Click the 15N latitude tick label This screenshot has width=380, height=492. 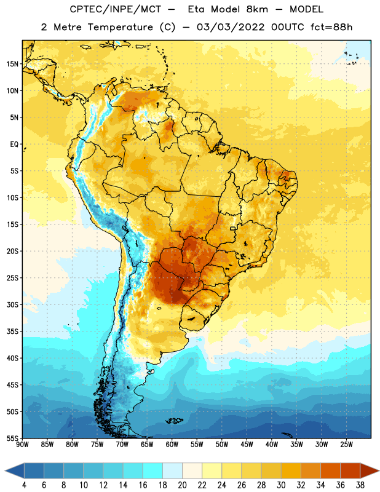pos(12,64)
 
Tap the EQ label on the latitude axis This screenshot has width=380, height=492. pos(14,145)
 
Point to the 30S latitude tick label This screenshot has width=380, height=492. pos(12,304)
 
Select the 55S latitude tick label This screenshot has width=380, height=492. pos(12,438)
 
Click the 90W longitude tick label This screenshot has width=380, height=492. pos(22,445)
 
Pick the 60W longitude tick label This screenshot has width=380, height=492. pos(172,445)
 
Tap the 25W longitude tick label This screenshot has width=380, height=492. pos(346,445)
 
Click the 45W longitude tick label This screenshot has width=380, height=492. pos(247,445)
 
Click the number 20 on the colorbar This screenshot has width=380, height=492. pos(182,485)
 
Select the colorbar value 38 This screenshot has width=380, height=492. pos(360,485)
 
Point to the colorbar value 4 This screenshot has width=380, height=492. pos(24,485)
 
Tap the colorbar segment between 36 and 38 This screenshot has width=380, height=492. pos(350,470)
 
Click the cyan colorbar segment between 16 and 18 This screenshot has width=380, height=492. pos(153,470)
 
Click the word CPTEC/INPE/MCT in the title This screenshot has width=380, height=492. pos(116,9)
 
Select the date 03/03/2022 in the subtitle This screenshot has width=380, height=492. pos(231,27)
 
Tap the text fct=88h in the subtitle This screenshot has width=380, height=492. pos(331,27)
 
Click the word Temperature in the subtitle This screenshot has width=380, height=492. pos(120,27)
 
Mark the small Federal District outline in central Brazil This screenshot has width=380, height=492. pos(233,228)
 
